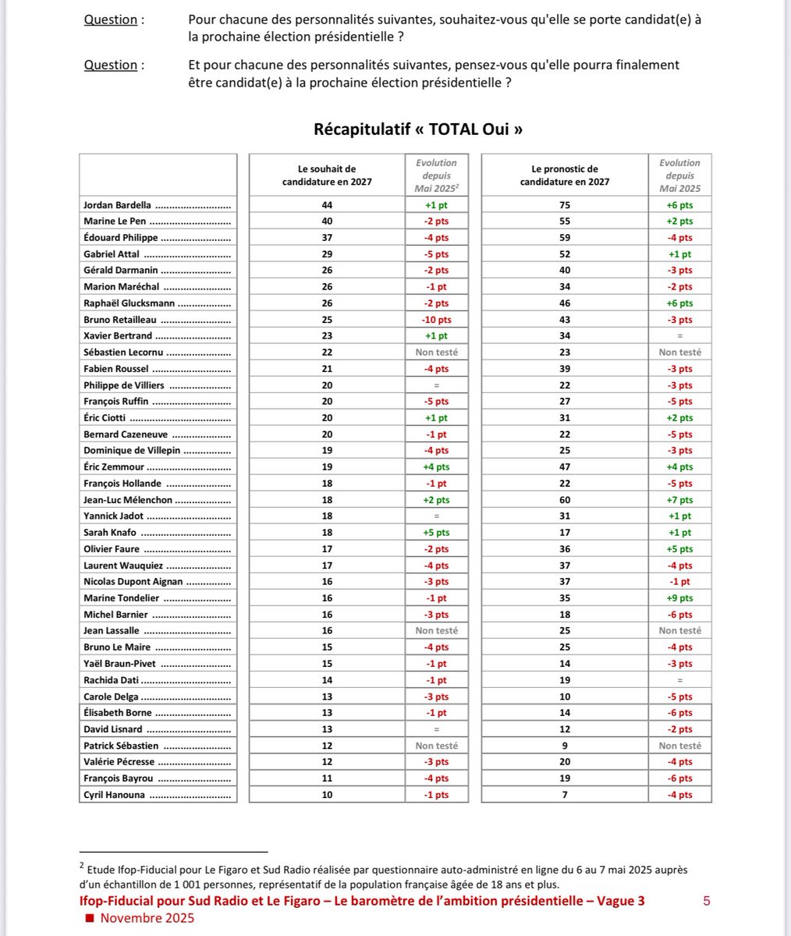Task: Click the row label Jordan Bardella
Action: tap(117, 205)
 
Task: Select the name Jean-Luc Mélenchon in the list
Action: tap(128, 500)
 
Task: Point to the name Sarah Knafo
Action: tap(110, 533)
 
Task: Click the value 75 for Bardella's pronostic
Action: tap(565, 205)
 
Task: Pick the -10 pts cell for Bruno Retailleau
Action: tap(436, 320)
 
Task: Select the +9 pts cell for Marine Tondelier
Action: tap(679, 598)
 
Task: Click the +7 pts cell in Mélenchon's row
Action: tap(679, 500)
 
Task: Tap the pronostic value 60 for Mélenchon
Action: tap(565, 500)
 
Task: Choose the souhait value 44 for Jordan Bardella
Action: tap(327, 205)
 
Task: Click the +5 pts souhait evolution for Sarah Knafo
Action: tap(436, 533)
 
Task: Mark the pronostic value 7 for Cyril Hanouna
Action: tap(565, 795)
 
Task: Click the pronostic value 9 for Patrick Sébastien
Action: tap(565, 746)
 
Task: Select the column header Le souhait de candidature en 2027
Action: tap(327, 175)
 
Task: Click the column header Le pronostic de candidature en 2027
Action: tap(565, 175)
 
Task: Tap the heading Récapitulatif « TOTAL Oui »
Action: tap(417, 129)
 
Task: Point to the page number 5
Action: tap(706, 901)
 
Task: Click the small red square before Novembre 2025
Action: tap(89, 918)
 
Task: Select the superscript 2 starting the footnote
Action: tap(81, 864)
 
